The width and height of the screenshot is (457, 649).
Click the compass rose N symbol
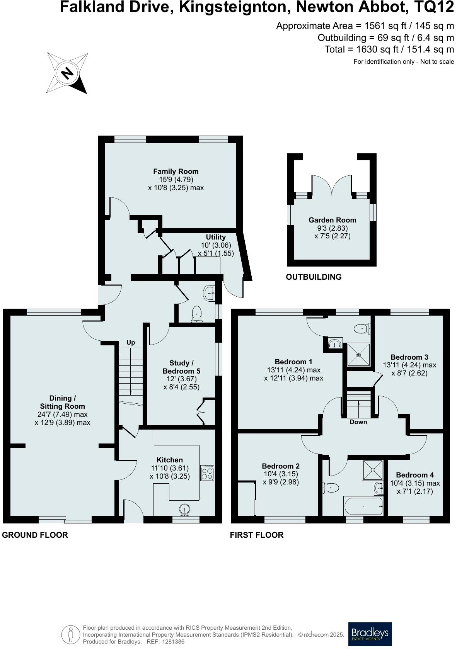click(x=68, y=73)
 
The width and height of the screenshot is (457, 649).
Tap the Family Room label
click(x=176, y=171)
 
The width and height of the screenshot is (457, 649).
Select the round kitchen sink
click(x=185, y=510)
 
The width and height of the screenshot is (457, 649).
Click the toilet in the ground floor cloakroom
click(x=197, y=313)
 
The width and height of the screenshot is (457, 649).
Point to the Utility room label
click(x=216, y=237)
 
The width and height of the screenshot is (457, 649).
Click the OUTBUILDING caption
click(x=314, y=277)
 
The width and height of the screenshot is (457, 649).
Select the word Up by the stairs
click(x=131, y=343)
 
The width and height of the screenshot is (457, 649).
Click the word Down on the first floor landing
click(x=358, y=422)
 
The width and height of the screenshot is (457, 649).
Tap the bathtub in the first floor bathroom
click(x=363, y=506)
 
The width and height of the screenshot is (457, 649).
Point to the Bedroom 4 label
click(x=415, y=475)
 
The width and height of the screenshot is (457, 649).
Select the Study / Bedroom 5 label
click(x=181, y=367)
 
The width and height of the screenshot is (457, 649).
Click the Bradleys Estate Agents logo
click(x=370, y=634)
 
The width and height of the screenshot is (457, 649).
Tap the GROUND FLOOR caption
click(x=35, y=535)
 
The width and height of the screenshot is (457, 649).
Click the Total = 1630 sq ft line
click(x=389, y=49)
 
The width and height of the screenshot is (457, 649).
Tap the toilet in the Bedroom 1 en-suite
click(x=362, y=329)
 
